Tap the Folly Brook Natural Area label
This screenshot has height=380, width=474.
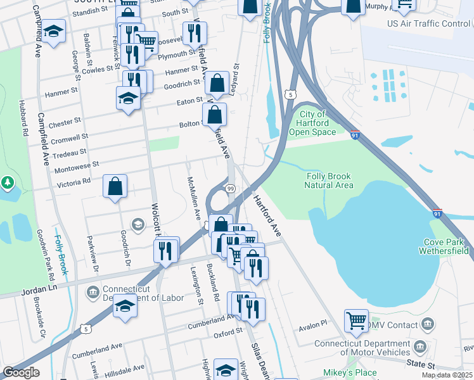point(329,180)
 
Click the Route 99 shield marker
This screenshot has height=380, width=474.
point(231,189)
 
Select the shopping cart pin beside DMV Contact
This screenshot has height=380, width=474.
point(357,320)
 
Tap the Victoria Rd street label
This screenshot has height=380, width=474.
point(74,180)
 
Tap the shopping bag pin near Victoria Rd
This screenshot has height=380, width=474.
point(115,187)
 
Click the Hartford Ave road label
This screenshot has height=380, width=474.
point(267,217)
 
